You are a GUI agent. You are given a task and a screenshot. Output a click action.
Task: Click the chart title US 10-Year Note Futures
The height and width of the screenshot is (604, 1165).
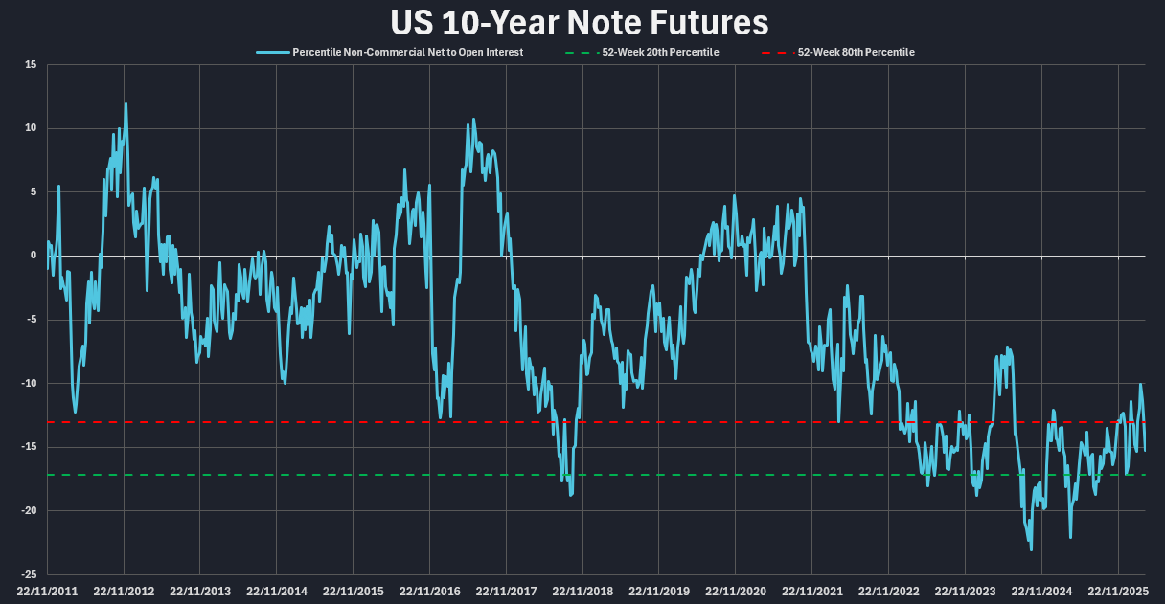click(580, 22)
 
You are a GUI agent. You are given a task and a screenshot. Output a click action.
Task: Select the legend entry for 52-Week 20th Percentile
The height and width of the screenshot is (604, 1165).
click(660, 52)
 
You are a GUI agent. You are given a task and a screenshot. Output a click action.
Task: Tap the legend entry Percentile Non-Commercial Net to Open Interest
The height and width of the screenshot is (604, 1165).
click(408, 52)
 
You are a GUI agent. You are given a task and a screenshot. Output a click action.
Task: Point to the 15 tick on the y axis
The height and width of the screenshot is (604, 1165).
click(31, 65)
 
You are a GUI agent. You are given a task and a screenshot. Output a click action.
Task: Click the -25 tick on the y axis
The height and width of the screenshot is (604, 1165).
click(30, 574)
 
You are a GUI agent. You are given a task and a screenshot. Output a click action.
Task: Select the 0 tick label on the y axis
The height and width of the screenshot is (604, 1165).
click(34, 256)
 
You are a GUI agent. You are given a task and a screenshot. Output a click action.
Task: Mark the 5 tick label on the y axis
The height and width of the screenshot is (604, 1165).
click(34, 192)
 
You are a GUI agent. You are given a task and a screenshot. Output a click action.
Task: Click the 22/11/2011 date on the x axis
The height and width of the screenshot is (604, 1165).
click(47, 592)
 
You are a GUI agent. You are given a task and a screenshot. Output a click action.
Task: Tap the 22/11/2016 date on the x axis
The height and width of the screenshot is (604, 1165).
click(429, 592)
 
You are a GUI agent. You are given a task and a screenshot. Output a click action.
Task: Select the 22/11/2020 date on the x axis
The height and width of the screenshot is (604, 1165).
click(735, 592)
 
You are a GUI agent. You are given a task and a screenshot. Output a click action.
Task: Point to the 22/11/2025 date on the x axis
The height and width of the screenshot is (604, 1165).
click(1117, 592)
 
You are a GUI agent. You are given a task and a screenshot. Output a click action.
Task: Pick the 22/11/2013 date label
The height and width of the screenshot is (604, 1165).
click(199, 592)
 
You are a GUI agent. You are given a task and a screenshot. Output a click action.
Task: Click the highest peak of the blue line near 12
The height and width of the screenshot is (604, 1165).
click(126, 103)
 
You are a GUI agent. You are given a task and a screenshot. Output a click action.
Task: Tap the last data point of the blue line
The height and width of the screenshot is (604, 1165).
click(1145, 450)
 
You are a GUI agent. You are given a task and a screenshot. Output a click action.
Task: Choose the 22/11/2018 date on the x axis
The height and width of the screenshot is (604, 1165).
click(582, 592)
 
